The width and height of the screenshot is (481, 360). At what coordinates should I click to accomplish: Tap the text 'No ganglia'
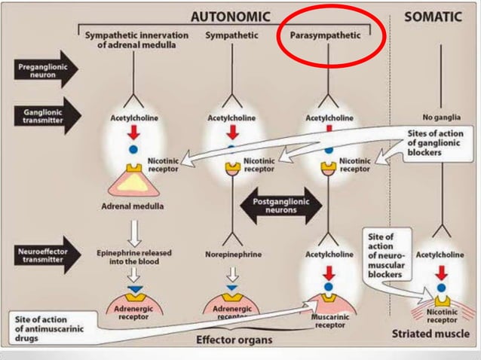(441, 117)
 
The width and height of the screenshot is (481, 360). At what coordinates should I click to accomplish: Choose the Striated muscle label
(435, 332)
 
